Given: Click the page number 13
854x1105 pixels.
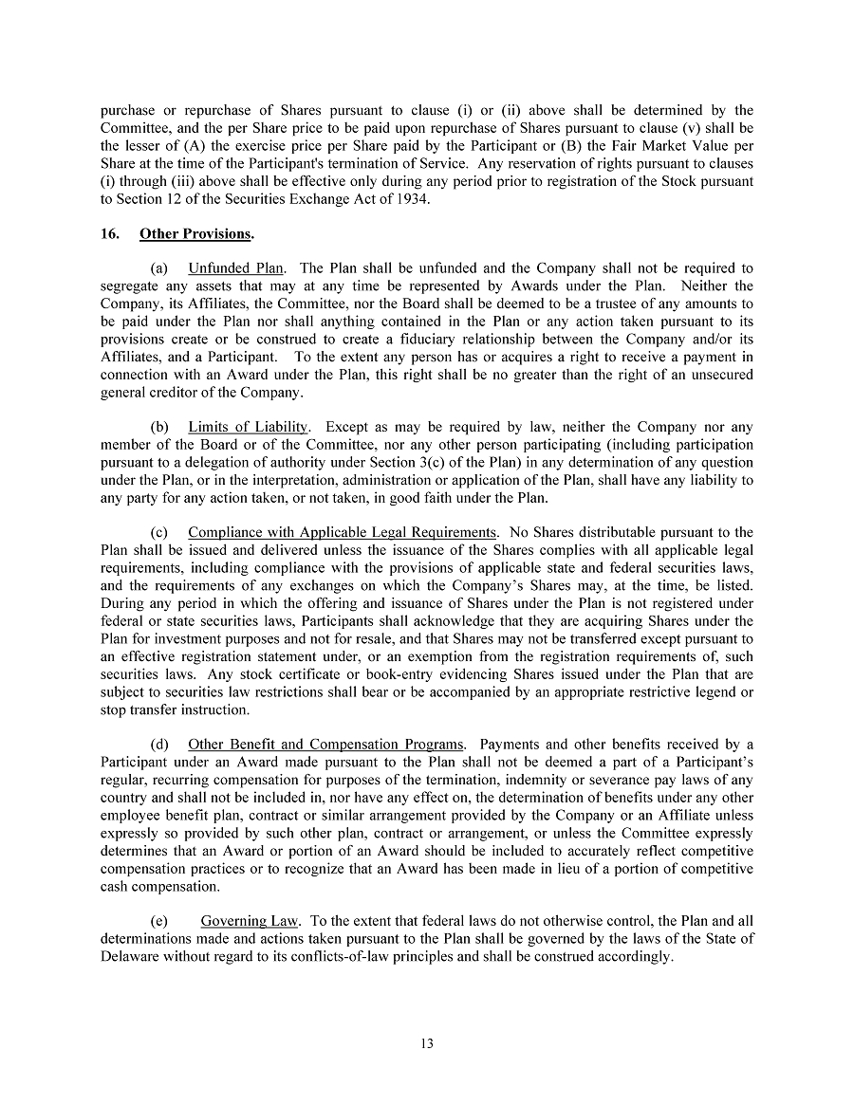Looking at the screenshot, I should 426,1044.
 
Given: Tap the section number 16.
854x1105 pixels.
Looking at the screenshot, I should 109,233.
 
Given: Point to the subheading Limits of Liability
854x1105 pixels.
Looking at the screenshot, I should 248,427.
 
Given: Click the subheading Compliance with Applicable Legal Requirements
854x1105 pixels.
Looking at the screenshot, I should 342,532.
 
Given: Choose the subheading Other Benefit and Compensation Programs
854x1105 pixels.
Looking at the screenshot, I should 326,744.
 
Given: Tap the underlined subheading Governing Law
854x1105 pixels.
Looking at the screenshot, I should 250,920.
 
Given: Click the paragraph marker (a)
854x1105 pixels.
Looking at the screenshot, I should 159,268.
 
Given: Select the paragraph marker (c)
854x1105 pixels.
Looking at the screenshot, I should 159,532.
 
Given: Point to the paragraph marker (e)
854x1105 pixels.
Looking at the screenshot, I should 159,920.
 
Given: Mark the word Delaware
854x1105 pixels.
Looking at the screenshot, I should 130,956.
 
